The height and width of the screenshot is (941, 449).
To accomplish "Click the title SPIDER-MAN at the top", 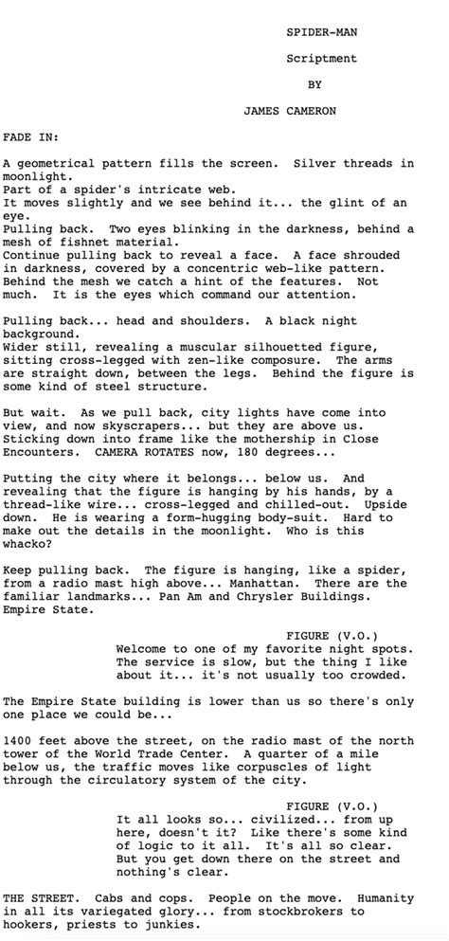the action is coord(321,32).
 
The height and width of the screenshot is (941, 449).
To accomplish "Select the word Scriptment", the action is coord(321,59).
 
